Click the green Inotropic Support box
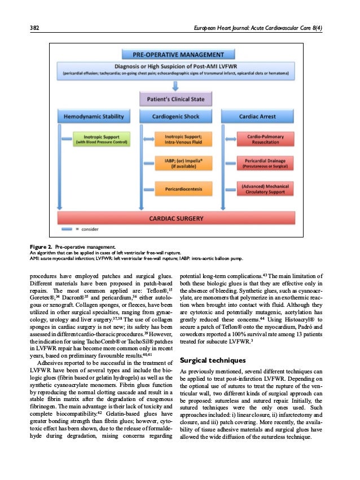95,139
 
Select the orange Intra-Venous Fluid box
180,139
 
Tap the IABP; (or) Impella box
180,164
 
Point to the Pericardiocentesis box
180,187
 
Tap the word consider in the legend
93,231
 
